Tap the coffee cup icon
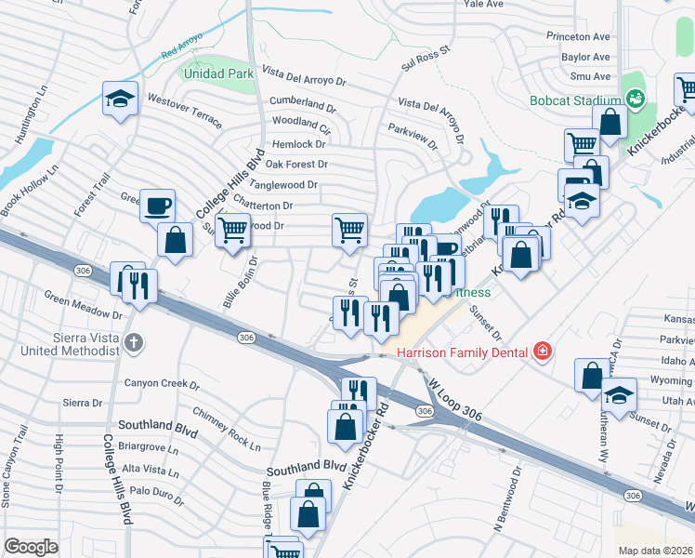coord(157,204)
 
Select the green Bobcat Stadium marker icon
coord(636,98)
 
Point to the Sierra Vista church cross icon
coord(134,342)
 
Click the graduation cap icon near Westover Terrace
coord(120,98)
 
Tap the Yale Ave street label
coord(483,5)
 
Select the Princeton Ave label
coord(579,36)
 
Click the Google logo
coord(31,547)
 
